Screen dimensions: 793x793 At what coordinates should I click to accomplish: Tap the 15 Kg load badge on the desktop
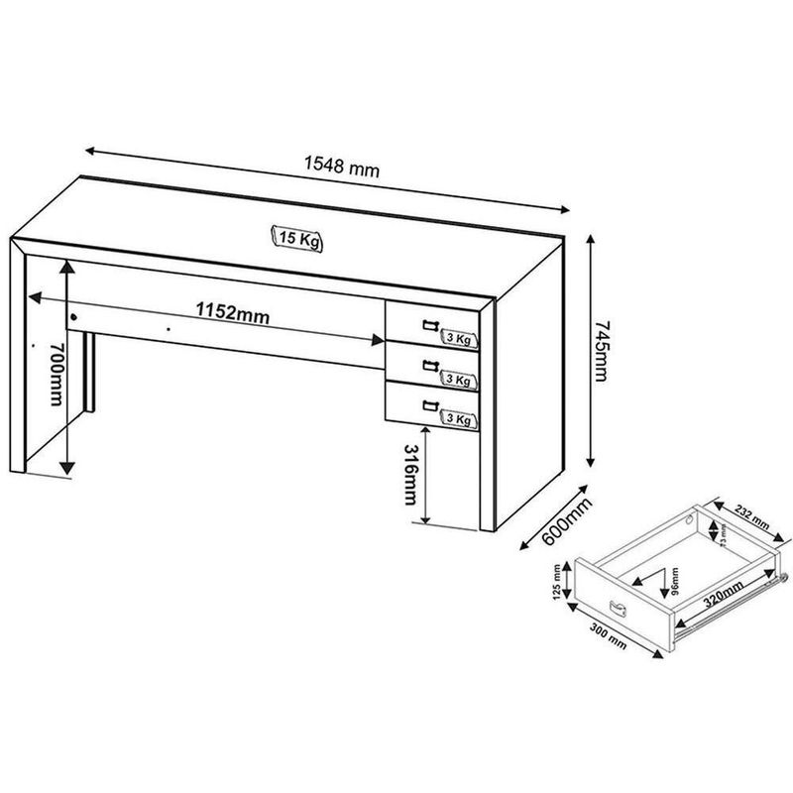point(298,237)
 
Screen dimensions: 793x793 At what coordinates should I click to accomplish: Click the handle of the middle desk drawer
point(428,365)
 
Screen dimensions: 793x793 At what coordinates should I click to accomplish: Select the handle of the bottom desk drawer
point(428,403)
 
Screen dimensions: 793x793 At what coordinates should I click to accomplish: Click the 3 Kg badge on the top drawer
point(458,339)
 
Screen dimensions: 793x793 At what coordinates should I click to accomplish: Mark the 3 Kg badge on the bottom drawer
point(458,419)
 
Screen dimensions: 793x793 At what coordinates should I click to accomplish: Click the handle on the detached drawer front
point(615,607)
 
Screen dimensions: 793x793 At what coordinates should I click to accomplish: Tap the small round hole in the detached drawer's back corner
point(691,519)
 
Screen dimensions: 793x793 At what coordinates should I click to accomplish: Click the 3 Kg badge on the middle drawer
point(458,380)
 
